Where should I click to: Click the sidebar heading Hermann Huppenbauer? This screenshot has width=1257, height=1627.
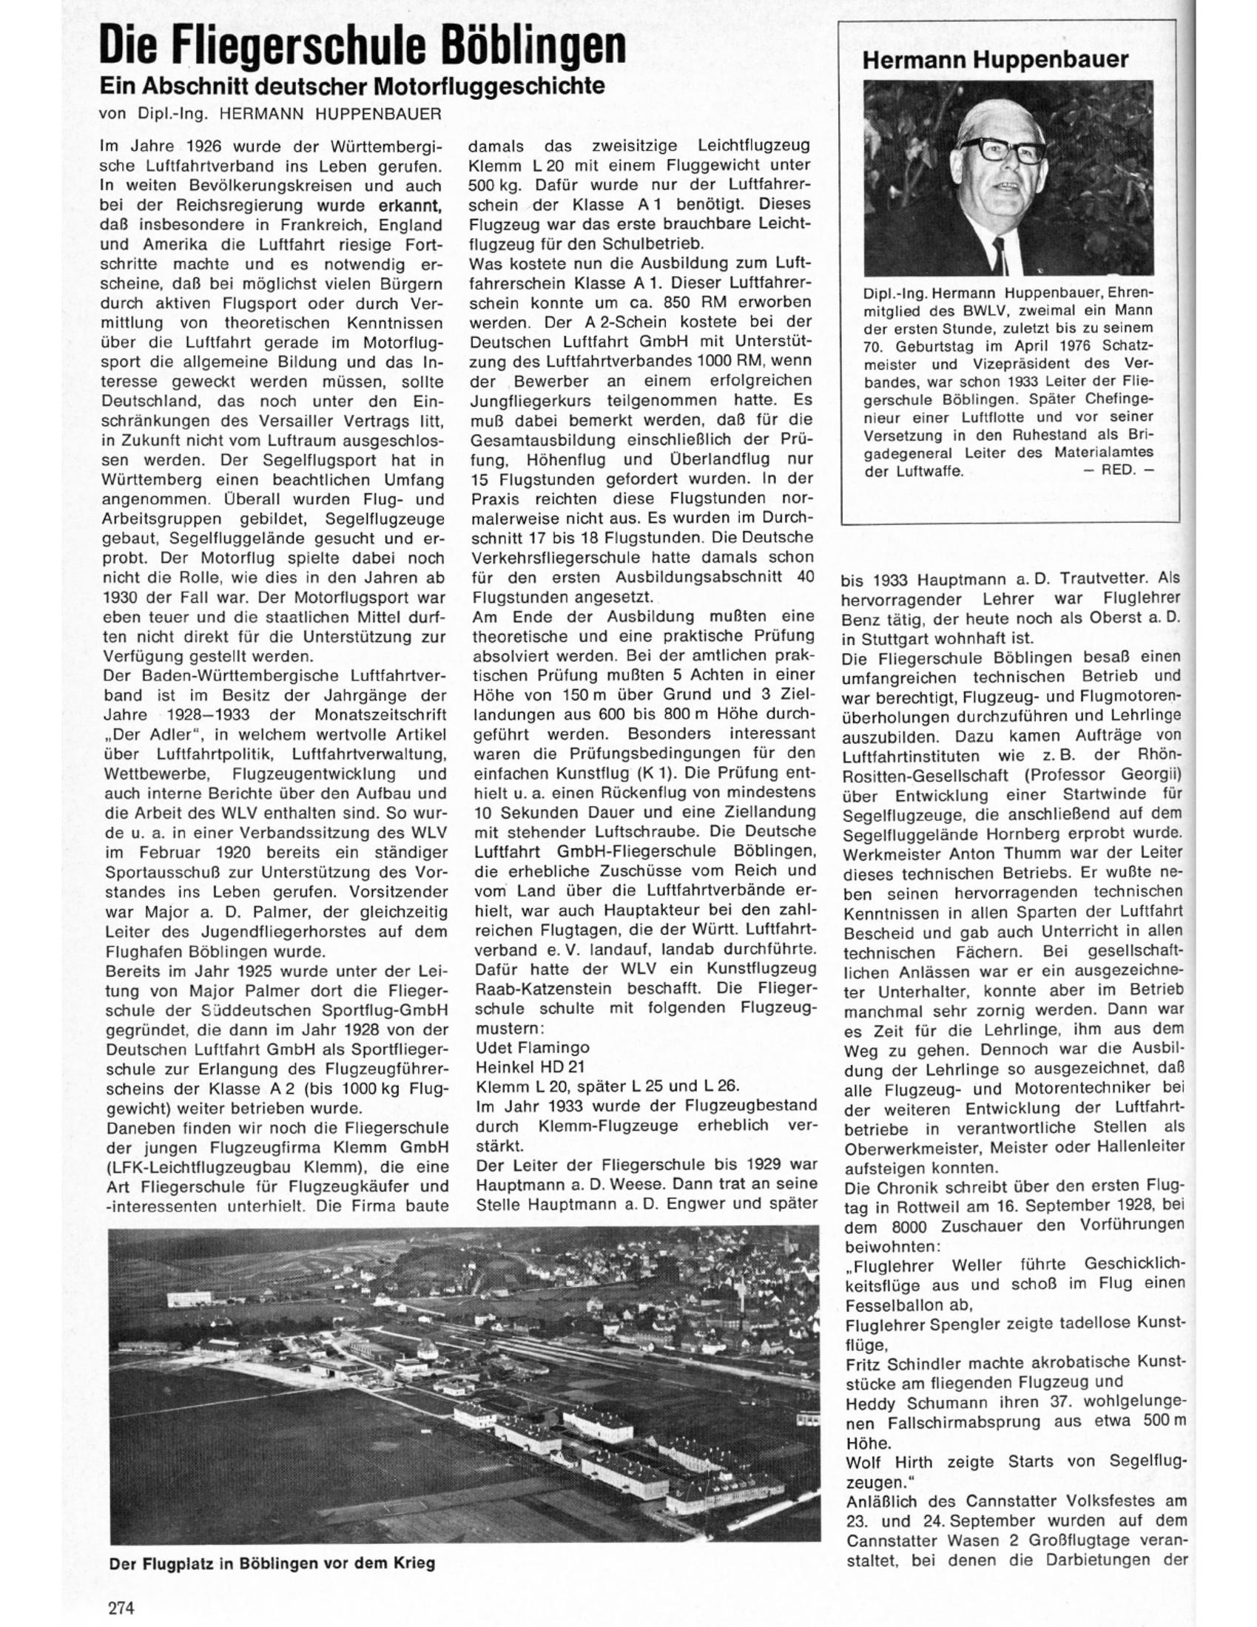pyautogui.click(x=996, y=60)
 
